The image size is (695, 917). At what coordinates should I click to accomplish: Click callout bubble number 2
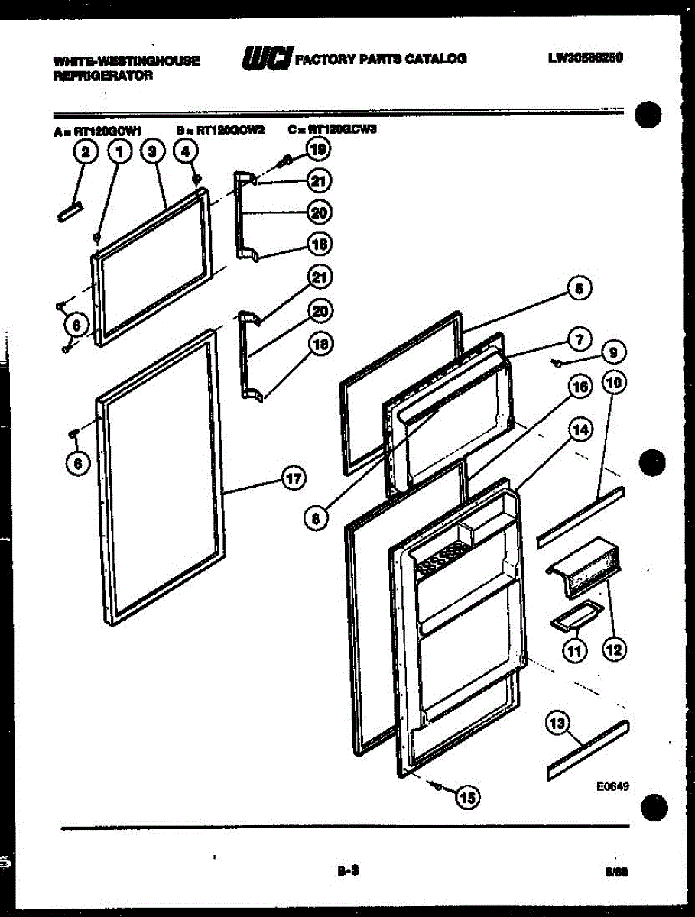(86, 152)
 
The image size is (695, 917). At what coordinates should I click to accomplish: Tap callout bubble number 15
(466, 798)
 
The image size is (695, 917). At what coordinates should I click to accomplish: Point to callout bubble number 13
(559, 722)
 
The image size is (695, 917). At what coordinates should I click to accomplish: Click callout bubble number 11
(574, 650)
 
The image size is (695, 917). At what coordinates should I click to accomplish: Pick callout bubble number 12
(613, 650)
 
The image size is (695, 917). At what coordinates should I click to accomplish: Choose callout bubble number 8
(315, 518)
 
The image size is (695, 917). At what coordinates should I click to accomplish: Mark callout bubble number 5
(579, 288)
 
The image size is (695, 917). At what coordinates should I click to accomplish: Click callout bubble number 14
(580, 430)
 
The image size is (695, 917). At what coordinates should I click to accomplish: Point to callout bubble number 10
(613, 382)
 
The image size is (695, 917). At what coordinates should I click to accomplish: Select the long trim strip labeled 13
(588, 750)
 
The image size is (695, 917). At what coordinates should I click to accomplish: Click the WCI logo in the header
(266, 58)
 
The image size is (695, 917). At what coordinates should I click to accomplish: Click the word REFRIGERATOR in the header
(103, 76)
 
